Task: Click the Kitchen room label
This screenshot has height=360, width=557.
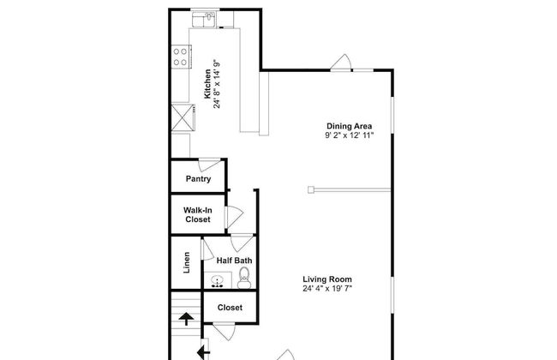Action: coord(207,84)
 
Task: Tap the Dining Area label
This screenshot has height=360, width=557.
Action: coord(349,126)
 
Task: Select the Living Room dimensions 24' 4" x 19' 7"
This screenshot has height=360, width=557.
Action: coord(327,288)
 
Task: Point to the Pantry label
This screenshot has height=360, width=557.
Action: coord(198,179)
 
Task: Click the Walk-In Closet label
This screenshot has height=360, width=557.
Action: coord(197,215)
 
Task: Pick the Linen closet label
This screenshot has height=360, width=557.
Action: coord(187,262)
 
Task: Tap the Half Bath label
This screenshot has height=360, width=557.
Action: coord(235,261)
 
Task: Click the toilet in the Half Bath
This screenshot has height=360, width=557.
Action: coord(244,278)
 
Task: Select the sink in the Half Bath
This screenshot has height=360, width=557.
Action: coord(218,280)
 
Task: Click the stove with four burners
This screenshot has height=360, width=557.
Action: coord(181,57)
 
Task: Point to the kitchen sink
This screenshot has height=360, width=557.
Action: coord(204,20)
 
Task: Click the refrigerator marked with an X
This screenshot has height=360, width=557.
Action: coord(183,117)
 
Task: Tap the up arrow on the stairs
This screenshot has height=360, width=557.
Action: coord(186,319)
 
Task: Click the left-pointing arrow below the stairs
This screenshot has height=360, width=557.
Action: coord(203,353)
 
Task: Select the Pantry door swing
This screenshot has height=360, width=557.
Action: coord(209,165)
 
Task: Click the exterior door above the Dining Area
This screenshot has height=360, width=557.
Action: coord(341,63)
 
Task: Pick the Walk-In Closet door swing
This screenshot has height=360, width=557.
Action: coord(235,217)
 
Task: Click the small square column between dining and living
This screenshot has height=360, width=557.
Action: coord(311,190)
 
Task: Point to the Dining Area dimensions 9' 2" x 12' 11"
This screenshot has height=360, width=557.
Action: coord(349,135)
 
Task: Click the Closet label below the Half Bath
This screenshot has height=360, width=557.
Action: coord(230,308)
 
